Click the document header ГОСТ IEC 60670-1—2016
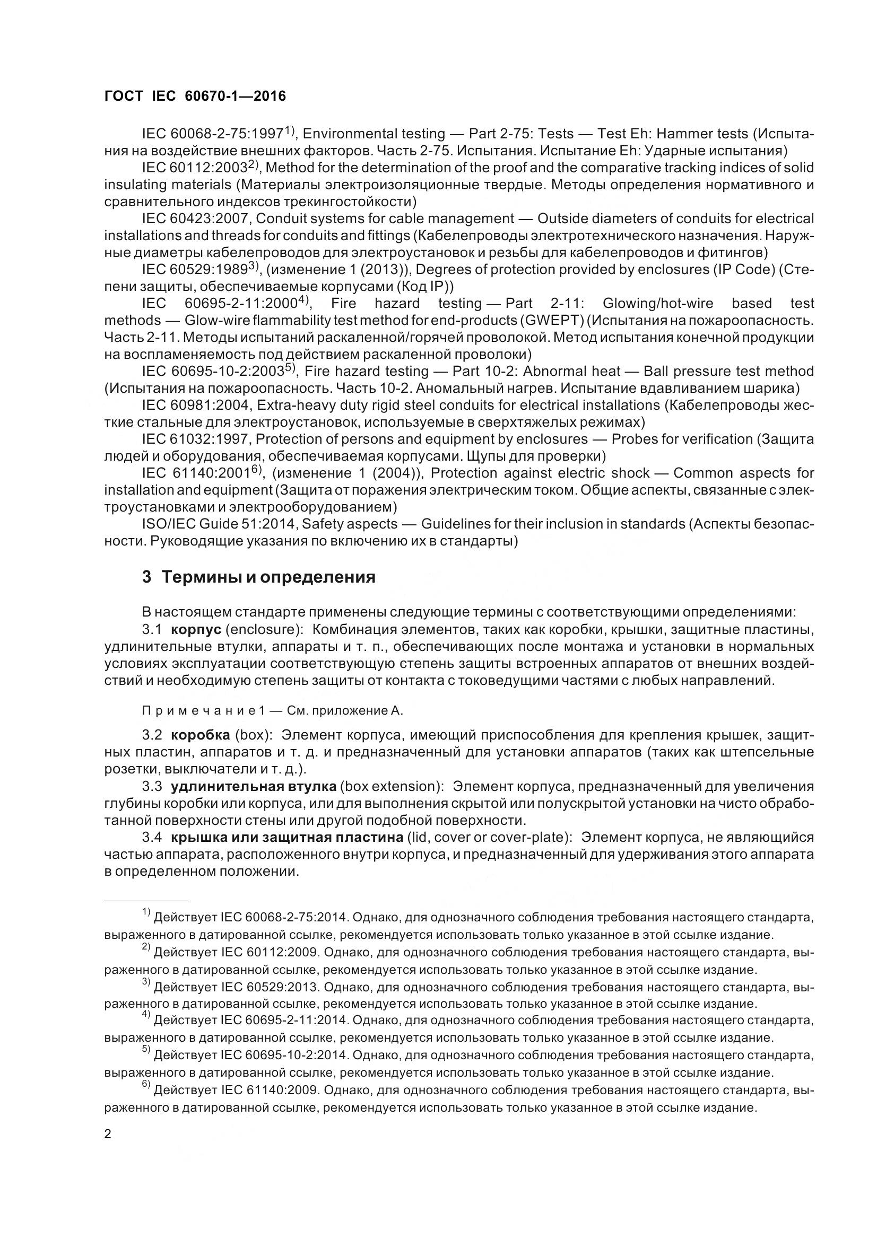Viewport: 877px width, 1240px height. coord(195,96)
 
